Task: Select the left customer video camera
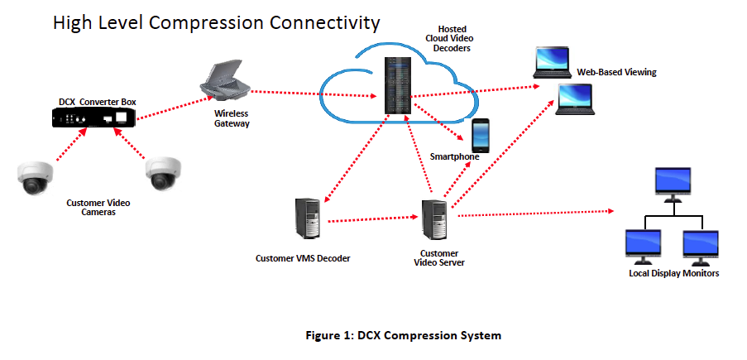pos(35,177)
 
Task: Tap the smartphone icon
pos(480,135)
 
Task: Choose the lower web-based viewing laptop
pos(572,98)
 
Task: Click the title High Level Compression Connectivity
pos(205,22)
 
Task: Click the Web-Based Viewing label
pos(616,72)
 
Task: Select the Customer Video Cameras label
pos(98,207)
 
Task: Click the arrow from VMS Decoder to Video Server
pos(371,220)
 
